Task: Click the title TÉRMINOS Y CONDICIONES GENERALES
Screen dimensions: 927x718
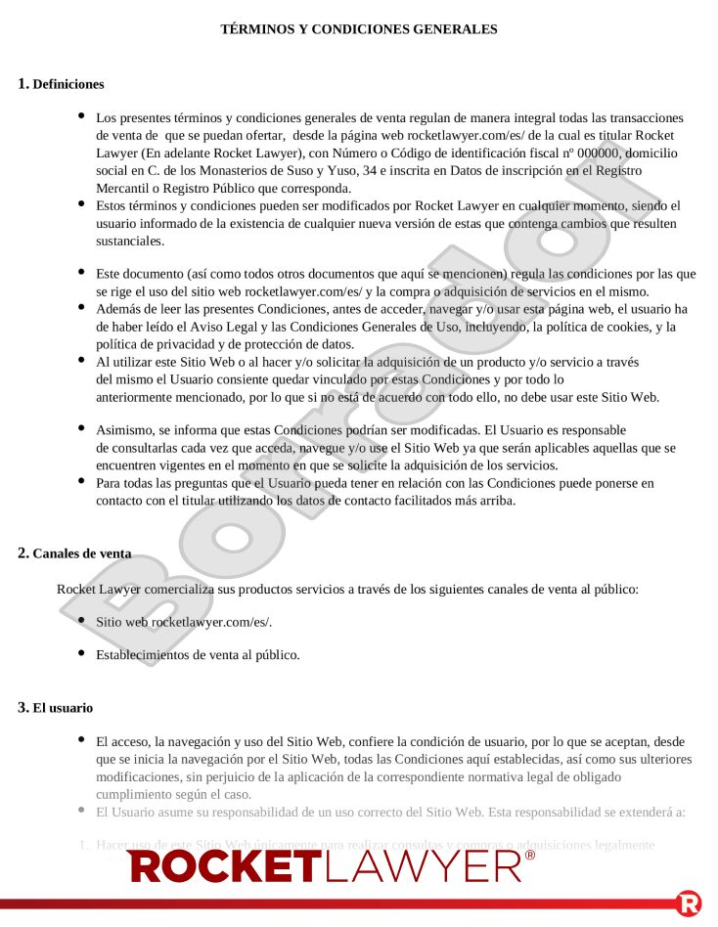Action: click(x=359, y=29)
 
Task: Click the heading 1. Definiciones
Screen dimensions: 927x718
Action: click(x=61, y=84)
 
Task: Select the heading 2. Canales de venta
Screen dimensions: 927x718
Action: click(x=74, y=553)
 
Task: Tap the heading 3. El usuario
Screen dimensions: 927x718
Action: click(x=56, y=707)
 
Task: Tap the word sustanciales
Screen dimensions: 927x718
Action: click(x=130, y=241)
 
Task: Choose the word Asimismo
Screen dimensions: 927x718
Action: click(x=127, y=429)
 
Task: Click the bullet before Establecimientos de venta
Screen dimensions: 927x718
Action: click(x=81, y=652)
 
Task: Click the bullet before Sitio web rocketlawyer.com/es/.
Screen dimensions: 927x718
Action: click(x=81, y=619)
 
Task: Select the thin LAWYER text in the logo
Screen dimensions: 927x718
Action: click(x=423, y=865)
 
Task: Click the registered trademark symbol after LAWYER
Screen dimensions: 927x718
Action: click(x=530, y=855)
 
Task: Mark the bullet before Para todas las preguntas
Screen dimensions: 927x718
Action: click(x=81, y=481)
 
